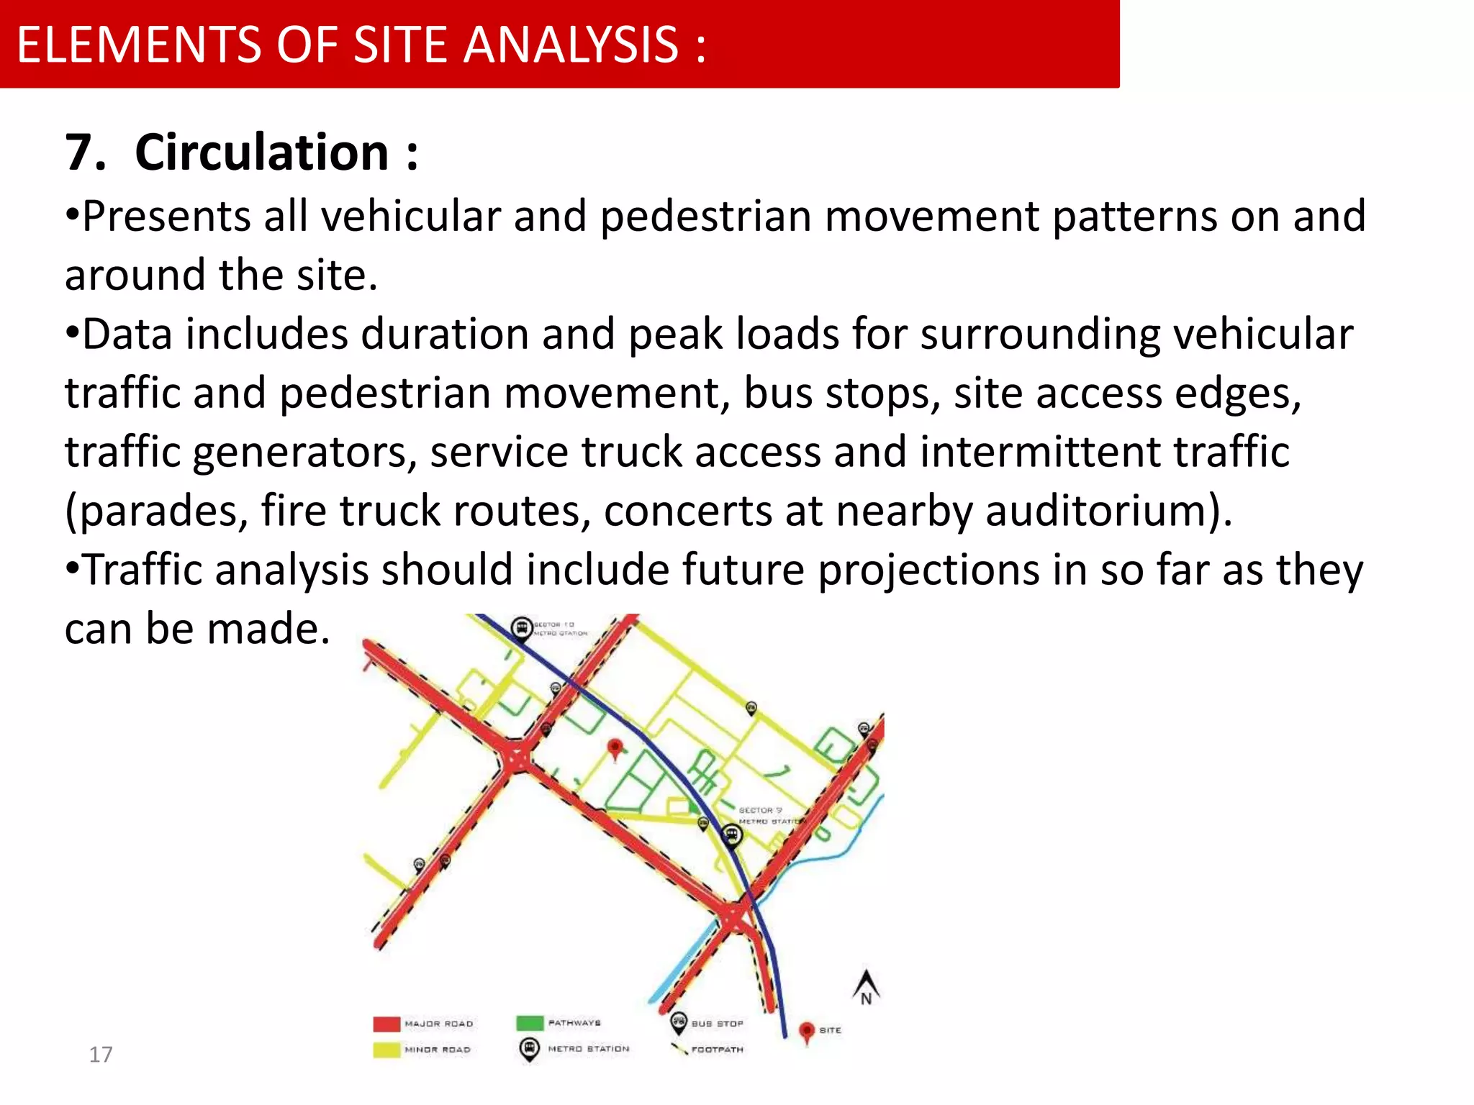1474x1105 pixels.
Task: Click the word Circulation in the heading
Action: (262, 153)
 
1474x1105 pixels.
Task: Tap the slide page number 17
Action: (101, 1055)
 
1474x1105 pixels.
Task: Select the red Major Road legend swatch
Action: (386, 1024)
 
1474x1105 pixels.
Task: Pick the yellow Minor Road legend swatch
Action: (386, 1050)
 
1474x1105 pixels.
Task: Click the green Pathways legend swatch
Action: (530, 1023)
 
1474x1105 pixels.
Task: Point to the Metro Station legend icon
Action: (529, 1049)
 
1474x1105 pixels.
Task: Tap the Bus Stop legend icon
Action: (678, 1022)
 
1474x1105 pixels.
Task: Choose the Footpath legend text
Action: (717, 1050)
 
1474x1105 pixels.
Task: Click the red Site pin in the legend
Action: (807, 1032)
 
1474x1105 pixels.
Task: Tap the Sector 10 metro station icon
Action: (522, 628)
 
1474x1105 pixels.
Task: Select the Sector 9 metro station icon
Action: (731, 835)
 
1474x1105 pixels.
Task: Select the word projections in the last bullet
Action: (928, 570)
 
